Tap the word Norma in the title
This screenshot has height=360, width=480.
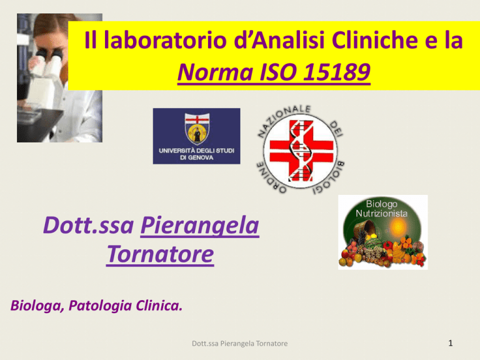point(215,72)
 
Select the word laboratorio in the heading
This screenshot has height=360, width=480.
point(166,40)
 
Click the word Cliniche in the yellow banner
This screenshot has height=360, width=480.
point(375,40)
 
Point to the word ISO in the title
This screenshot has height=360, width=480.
point(278,72)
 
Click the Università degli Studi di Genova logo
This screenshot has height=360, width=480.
point(196,136)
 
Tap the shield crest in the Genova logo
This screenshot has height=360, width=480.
point(197,129)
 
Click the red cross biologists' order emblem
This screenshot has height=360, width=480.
point(301,150)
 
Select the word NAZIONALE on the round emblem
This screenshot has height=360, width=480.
point(283,119)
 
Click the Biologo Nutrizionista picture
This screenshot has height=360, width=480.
point(382,232)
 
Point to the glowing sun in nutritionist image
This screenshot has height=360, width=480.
point(398,227)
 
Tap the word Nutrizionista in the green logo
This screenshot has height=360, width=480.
point(381,213)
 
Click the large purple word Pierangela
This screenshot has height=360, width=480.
point(200,226)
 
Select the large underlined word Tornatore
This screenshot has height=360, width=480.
point(160,254)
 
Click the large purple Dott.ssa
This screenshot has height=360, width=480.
point(89,226)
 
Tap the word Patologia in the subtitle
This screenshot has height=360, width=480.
point(100,306)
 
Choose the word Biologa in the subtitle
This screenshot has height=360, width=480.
point(37,306)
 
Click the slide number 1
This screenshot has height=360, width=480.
point(450,343)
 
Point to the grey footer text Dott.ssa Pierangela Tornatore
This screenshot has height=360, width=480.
point(240,344)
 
